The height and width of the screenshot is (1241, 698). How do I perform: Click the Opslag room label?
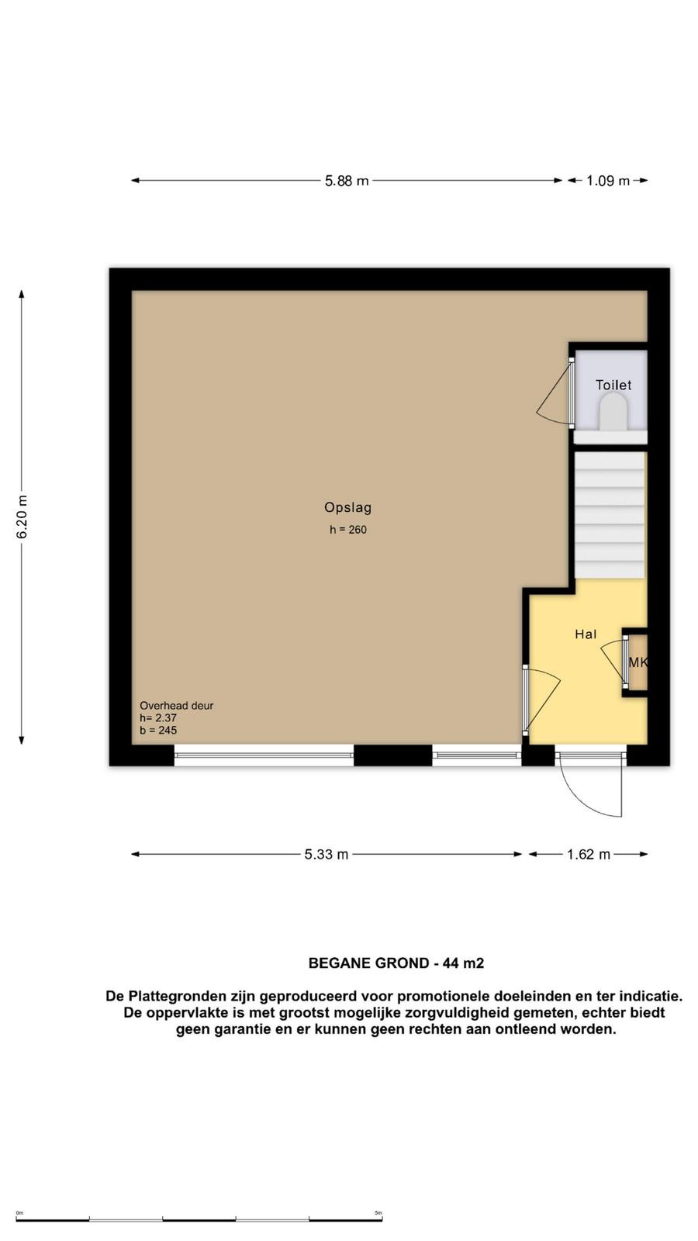(348, 507)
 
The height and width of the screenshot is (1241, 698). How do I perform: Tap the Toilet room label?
(613, 385)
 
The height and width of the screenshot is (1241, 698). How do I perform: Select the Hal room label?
(586, 634)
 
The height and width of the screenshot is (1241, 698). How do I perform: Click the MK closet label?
(638, 662)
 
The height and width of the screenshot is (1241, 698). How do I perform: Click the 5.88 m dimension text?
(347, 181)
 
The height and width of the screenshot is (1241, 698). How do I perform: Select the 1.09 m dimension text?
(608, 181)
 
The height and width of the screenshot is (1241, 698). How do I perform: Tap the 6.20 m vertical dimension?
(22, 517)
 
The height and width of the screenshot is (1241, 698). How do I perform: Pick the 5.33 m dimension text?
(327, 854)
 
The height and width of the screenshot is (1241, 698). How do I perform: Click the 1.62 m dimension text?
(589, 854)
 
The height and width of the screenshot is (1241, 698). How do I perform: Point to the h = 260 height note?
(348, 530)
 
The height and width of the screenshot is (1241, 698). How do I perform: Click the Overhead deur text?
(176, 706)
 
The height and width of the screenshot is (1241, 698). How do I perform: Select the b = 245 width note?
(158, 730)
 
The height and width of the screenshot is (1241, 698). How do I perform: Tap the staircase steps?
(610, 515)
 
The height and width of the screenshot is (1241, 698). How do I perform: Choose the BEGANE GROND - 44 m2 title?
(396, 963)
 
